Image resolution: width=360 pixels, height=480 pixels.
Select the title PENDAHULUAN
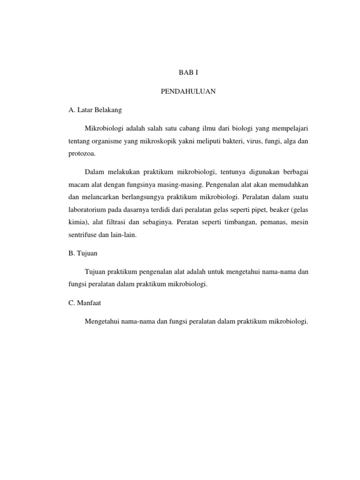click(188, 92)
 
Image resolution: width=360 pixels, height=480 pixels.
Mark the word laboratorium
click(91, 210)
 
